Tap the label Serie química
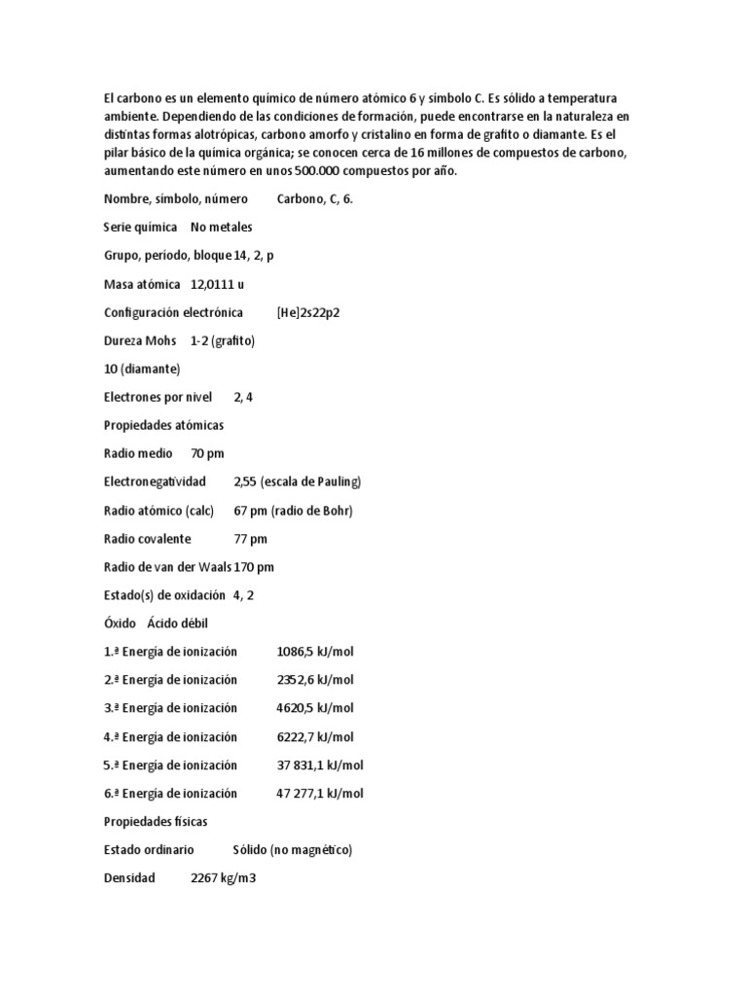(140, 227)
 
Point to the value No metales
(221, 227)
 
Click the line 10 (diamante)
(142, 369)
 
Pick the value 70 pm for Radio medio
(207, 453)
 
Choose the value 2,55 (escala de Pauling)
(297, 481)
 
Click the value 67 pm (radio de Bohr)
(293, 510)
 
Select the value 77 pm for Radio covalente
(250, 538)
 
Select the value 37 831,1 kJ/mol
(320, 765)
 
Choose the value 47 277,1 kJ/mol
(320, 793)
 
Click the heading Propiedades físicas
(156, 821)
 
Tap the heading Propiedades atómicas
(163, 425)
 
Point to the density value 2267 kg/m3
(223, 877)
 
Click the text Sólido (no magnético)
(292, 849)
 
